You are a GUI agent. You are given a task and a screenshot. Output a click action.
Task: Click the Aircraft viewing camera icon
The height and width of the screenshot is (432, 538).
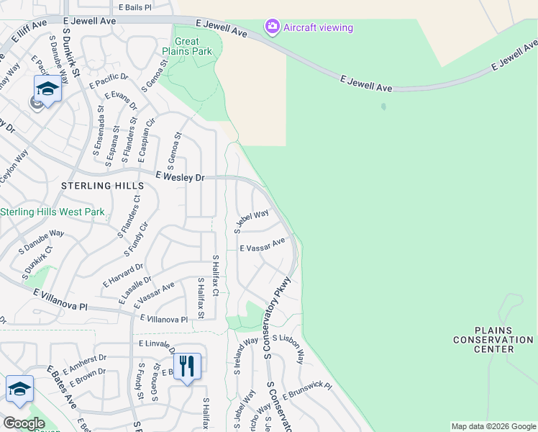pyautogui.click(x=272, y=27)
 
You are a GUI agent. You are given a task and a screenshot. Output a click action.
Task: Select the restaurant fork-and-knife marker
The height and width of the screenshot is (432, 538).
pyautogui.click(x=186, y=366)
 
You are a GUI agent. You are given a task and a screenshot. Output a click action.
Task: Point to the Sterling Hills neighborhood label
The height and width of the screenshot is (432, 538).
pyautogui.click(x=99, y=186)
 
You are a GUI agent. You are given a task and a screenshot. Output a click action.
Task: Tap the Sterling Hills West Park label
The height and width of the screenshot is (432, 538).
pyautogui.click(x=53, y=212)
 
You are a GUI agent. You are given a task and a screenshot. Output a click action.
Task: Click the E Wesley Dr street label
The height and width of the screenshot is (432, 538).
pyautogui.click(x=181, y=176)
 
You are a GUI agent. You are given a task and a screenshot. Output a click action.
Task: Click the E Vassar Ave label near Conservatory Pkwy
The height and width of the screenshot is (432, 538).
pyautogui.click(x=263, y=247)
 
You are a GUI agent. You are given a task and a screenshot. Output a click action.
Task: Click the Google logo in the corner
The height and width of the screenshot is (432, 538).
pyautogui.click(x=24, y=423)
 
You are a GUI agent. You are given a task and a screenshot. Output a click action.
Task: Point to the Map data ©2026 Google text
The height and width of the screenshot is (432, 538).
pyautogui.click(x=493, y=426)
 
